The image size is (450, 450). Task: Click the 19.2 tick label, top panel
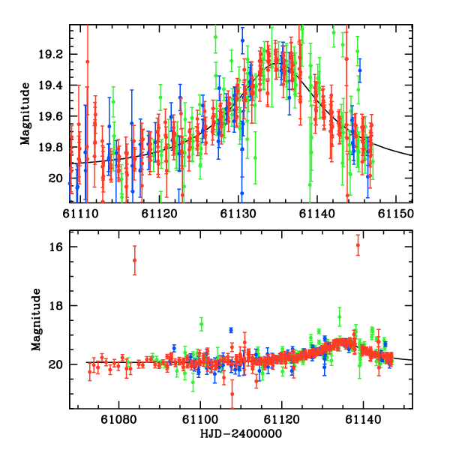51,55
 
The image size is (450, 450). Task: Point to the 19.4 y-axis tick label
51,85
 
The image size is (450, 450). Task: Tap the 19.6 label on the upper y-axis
51,116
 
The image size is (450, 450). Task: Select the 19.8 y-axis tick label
51,147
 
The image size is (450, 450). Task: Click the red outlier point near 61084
134,260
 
